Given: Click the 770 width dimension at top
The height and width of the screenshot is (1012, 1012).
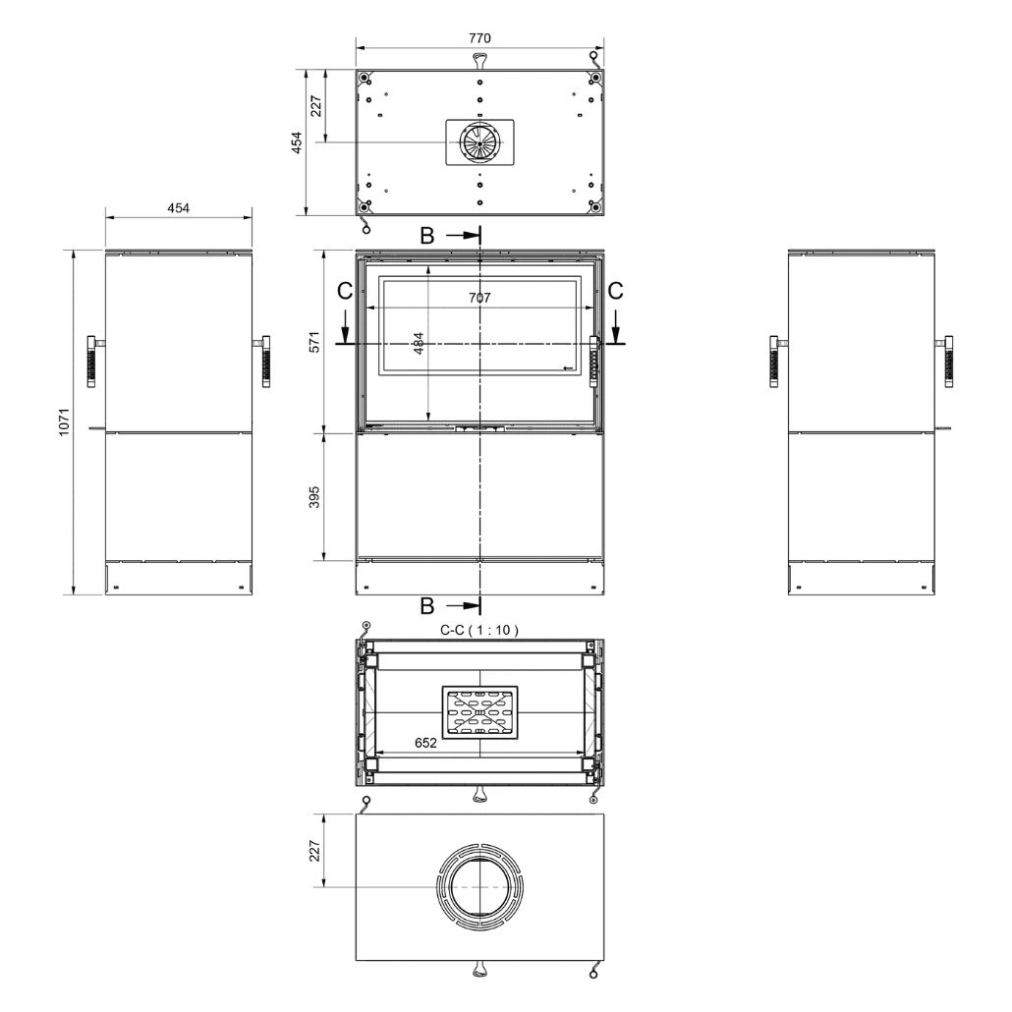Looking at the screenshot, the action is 479,38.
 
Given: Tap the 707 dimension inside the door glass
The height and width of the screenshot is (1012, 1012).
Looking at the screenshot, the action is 479,298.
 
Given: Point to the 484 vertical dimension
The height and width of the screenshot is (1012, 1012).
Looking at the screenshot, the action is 419,343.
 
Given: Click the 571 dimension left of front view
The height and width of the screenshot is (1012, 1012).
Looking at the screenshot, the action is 314,342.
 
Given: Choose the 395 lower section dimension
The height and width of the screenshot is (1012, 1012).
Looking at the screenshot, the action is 314,497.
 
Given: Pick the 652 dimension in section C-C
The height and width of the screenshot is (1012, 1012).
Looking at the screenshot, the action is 425,743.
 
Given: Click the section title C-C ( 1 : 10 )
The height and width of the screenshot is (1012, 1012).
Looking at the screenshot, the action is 478,630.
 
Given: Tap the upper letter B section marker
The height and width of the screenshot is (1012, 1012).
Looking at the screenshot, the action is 426,236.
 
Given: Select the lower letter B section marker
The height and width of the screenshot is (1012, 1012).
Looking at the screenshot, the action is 426,606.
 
